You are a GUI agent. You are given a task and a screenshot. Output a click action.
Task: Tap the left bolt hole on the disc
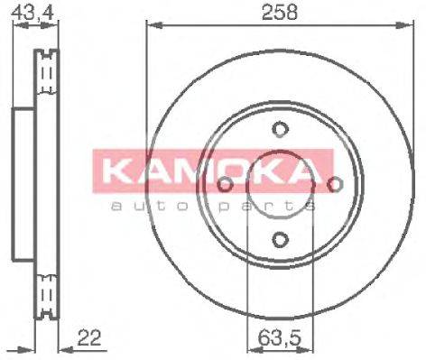point(224,185)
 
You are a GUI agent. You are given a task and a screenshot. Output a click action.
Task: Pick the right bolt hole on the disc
point(335,185)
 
